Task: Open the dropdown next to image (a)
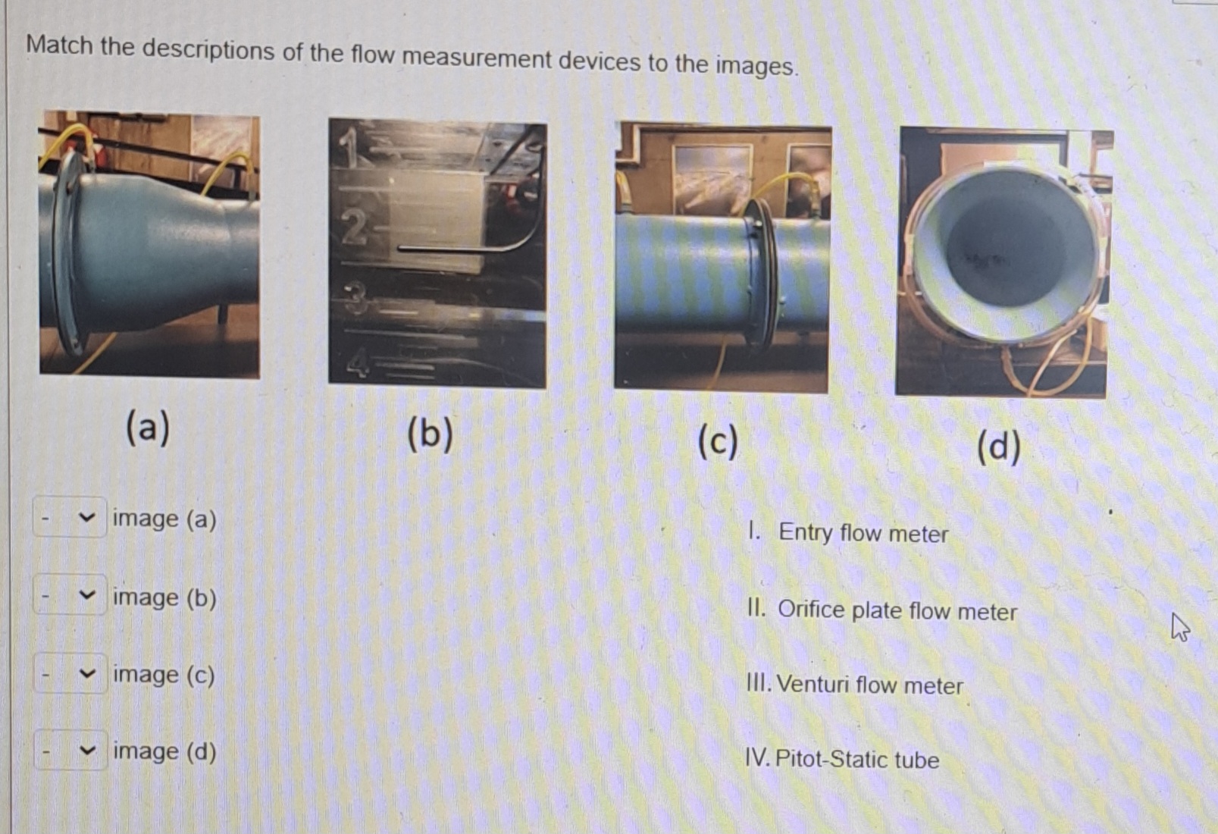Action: click(x=70, y=518)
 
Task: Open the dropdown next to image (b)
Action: click(x=70, y=596)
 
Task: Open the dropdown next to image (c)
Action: click(x=70, y=673)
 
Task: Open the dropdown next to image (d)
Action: click(x=70, y=751)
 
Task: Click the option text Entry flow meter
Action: click(x=863, y=533)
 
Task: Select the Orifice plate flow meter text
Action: click(x=897, y=610)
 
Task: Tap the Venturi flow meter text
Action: click(x=869, y=685)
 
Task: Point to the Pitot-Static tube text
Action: click(x=856, y=759)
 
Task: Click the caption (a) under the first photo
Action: click(x=148, y=427)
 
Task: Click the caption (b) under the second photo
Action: click(x=430, y=434)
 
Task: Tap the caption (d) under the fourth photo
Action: click(x=998, y=447)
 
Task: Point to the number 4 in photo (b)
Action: click(x=358, y=362)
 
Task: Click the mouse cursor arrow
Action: click(x=1179, y=626)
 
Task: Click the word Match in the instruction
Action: click(x=59, y=45)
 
